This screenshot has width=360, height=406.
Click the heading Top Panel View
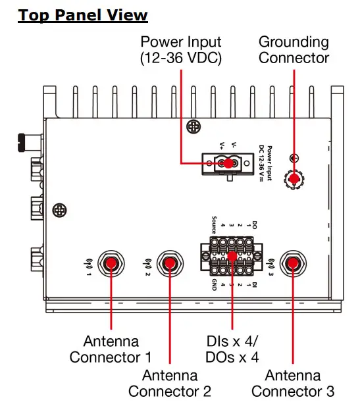tap(83, 14)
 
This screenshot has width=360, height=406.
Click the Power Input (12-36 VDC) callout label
tap(181, 50)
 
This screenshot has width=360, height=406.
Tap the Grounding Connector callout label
tap(294, 50)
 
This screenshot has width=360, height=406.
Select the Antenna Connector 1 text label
tap(111, 349)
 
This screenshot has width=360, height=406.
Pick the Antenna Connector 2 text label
tap(170, 384)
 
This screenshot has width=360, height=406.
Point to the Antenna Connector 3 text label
tap(293, 384)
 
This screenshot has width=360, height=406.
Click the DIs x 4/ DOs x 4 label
tap(232, 349)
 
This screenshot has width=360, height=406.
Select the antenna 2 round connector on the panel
tap(170, 265)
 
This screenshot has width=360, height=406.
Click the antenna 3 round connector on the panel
tap(293, 265)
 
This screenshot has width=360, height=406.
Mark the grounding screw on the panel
tap(294, 178)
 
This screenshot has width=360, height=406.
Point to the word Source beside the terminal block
tap(214, 224)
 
